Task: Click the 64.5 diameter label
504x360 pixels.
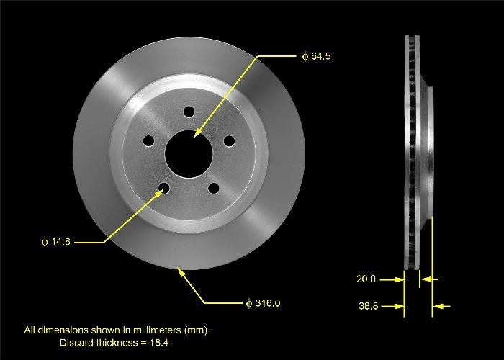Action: pyautogui.click(x=318, y=55)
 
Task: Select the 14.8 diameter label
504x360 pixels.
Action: pyautogui.click(x=58, y=242)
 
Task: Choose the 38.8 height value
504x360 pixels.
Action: pyautogui.click(x=369, y=306)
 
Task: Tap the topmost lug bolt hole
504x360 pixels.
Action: pyautogui.click(x=189, y=112)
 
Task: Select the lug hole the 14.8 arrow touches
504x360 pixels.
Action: pyautogui.click(x=165, y=189)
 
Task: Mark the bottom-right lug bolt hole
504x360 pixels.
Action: pyautogui.click(x=213, y=188)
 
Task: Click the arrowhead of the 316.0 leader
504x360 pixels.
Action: pyautogui.click(x=181, y=271)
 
